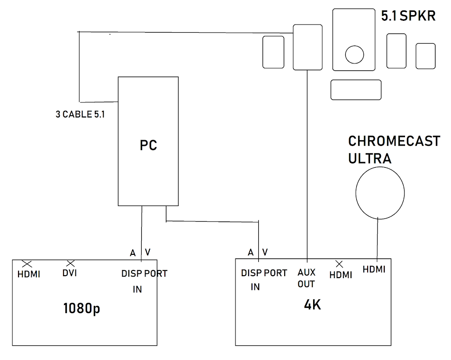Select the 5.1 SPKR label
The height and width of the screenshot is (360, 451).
coord(409,17)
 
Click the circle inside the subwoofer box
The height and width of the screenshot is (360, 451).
coord(354,54)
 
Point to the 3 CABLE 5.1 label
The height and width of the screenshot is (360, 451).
coord(80,114)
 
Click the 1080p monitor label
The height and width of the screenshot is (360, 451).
coord(81,309)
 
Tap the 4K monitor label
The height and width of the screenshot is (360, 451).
coord(312,304)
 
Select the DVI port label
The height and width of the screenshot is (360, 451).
coord(70,273)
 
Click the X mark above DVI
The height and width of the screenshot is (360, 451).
coord(71,263)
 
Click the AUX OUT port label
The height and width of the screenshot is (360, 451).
coord(307,279)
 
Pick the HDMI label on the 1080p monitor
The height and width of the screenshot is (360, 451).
coord(29,274)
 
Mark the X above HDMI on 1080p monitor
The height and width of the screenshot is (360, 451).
coord(27,263)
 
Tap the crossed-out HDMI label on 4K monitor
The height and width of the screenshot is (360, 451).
coord(341,275)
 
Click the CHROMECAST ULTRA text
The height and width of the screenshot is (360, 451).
coord(394,150)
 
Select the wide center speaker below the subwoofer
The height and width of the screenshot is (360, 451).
coord(356,90)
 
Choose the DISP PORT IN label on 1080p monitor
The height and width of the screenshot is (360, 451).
coord(144,281)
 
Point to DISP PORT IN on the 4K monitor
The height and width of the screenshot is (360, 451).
coord(263,279)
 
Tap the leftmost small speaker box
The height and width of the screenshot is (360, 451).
coord(273,52)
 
